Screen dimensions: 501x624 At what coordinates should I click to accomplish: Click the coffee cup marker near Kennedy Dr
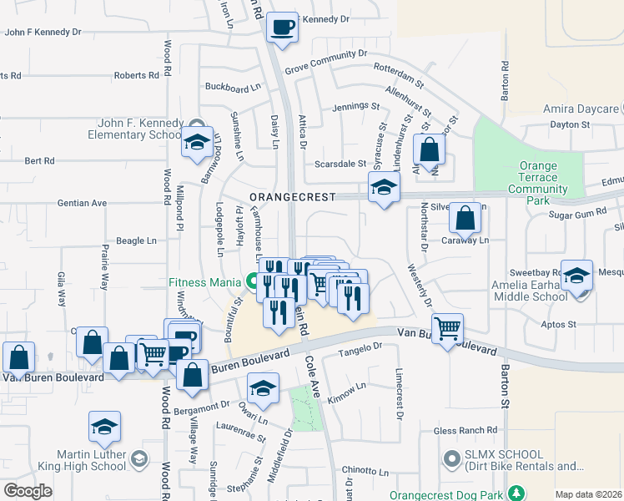pos(282,27)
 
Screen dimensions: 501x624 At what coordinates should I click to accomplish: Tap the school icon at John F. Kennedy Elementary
pos(197,143)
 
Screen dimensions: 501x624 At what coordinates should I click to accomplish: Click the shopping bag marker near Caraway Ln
pos(465,220)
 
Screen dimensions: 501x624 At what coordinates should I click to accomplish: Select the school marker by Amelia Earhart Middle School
pos(577,275)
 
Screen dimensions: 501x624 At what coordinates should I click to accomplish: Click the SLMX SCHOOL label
pos(521,459)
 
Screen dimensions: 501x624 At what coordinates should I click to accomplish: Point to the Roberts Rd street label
pos(136,75)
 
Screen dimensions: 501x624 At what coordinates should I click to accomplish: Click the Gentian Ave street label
pos(82,202)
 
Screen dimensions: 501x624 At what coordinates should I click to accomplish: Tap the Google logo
pos(28,490)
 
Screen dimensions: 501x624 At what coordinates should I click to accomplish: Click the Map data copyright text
pos(588,494)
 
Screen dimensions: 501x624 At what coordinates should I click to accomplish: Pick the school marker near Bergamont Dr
pos(263,387)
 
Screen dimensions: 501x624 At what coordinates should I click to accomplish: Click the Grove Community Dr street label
pos(325,53)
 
